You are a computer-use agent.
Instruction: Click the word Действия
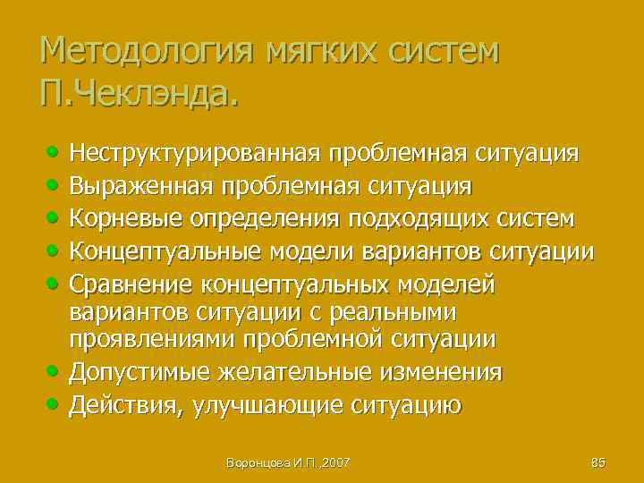tap(130, 405)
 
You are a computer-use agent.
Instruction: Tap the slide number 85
tap(598, 462)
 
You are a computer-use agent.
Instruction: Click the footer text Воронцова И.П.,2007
tap(288, 462)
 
